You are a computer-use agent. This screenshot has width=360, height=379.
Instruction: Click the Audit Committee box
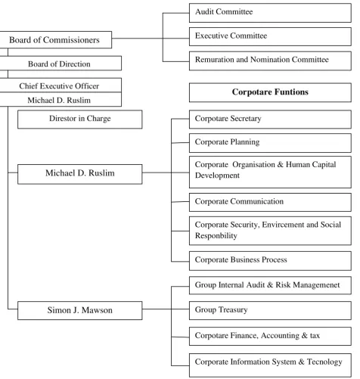click(270, 13)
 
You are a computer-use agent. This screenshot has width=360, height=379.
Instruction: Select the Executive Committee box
click(270, 36)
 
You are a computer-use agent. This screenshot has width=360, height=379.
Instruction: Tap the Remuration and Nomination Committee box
click(270, 61)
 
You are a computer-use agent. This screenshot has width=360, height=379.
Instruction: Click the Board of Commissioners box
click(55, 40)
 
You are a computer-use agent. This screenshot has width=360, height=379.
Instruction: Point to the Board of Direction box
click(61, 63)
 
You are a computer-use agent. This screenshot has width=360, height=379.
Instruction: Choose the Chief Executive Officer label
click(59, 86)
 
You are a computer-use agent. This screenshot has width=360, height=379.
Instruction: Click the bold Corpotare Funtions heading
click(270, 92)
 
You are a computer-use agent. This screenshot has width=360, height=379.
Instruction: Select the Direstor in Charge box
click(80, 120)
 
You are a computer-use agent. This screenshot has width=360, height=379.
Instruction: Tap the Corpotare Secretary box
click(270, 120)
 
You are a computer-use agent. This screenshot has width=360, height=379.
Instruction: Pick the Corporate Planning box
click(270, 143)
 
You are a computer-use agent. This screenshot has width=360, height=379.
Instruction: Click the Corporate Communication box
click(270, 202)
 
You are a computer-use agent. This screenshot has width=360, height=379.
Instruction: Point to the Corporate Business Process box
click(270, 261)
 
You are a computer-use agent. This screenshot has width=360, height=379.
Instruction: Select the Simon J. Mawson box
click(80, 310)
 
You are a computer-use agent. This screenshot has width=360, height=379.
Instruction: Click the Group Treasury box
click(270, 310)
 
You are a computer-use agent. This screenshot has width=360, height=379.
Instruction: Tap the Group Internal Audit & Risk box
click(270, 285)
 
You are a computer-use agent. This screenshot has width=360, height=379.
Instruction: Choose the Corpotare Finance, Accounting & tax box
click(270, 336)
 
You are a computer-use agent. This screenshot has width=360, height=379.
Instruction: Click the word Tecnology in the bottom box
click(324, 362)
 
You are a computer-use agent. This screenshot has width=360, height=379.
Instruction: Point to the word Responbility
click(216, 236)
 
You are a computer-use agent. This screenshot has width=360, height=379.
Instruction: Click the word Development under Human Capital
click(217, 176)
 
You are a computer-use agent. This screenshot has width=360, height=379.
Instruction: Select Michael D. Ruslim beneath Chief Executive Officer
click(59, 100)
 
